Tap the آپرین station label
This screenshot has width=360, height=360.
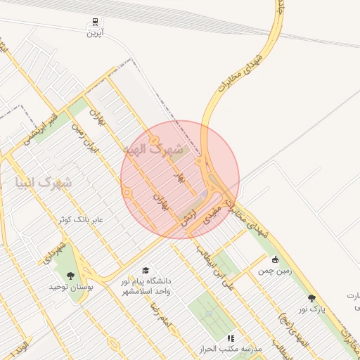click(x=95, y=33)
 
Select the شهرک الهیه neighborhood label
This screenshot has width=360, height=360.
click(x=153, y=149)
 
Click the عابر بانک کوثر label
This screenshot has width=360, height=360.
click(x=82, y=219)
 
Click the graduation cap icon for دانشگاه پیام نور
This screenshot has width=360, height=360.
click(x=146, y=270)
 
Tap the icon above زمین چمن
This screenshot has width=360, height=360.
click(x=275, y=259)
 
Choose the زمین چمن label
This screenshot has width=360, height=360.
click(x=274, y=270)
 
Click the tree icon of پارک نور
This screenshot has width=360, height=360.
click(x=311, y=298)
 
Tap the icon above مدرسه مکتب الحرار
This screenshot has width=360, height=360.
click(x=231, y=338)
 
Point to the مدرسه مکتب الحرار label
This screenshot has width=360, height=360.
click(x=231, y=349)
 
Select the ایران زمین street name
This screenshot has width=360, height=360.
click(x=84, y=140)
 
